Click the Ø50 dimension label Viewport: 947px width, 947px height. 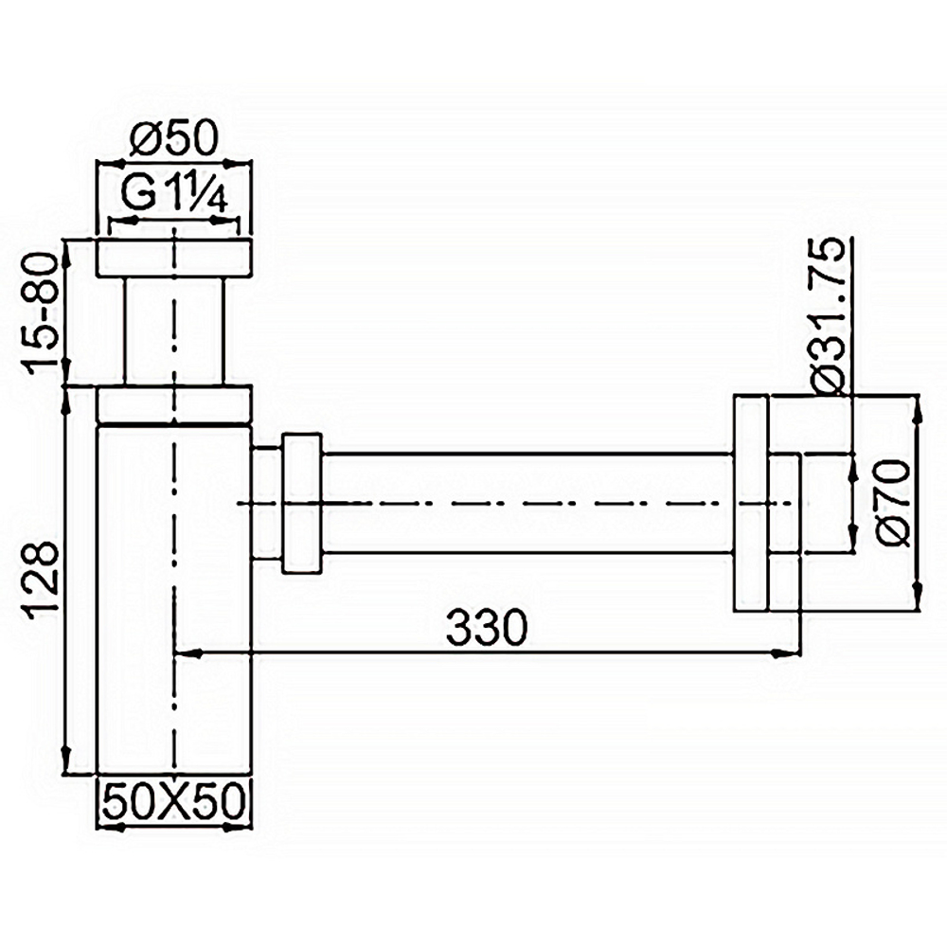pyautogui.click(x=174, y=142)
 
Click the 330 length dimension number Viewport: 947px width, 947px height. pyautogui.click(x=486, y=627)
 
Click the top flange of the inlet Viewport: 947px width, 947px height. pyautogui.click(x=174, y=259)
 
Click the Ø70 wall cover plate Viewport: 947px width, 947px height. pyautogui.click(x=750, y=503)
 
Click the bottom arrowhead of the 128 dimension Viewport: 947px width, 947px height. pyautogui.click(x=65, y=762)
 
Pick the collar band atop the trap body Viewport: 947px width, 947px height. pyautogui.click(x=174, y=405)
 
